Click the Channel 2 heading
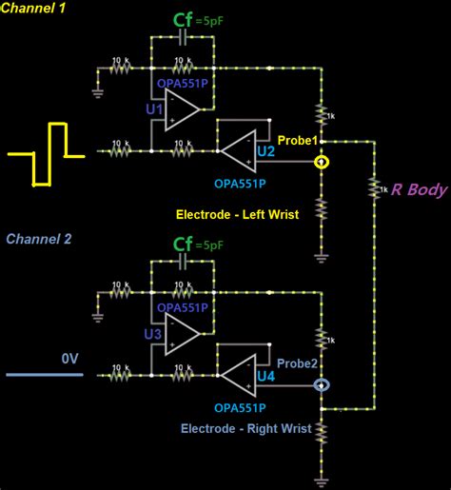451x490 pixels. (39, 239)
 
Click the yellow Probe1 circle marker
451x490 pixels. (324, 162)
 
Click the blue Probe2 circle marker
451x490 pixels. (324, 385)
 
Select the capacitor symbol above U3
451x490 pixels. (183, 265)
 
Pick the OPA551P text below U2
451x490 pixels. (239, 183)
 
